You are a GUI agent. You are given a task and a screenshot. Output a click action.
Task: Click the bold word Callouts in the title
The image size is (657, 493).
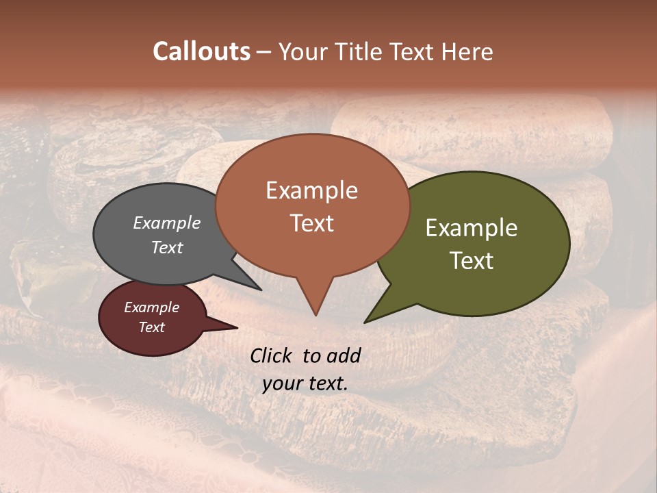click(202, 51)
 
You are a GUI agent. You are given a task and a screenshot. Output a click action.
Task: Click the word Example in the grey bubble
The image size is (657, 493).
click(167, 223)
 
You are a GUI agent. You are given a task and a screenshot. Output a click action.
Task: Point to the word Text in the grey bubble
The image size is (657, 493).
click(167, 247)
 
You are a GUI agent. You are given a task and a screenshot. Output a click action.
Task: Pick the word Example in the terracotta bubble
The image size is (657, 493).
click(311, 190)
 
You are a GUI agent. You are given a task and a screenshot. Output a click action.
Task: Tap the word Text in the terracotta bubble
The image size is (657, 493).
click(311, 223)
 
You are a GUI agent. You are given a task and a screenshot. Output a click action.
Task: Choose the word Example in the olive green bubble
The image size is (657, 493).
click(472, 228)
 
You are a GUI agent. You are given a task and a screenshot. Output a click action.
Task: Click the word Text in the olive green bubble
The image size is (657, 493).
click(472, 261)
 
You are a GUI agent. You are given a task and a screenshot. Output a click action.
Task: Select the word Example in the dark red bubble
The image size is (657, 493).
click(151, 307)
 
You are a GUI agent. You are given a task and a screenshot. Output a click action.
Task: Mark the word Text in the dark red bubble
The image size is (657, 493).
click(151, 327)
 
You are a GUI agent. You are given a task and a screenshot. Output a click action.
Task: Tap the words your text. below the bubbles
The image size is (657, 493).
click(305, 383)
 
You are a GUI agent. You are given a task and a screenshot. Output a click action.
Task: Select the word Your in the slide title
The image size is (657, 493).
click(302, 51)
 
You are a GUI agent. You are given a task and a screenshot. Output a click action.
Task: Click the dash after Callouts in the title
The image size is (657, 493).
click(264, 52)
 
